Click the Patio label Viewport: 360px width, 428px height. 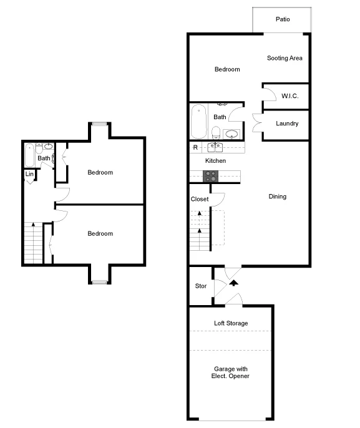(x=283, y=19)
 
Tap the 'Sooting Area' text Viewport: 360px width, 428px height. (x=285, y=58)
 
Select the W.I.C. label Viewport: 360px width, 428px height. (x=289, y=96)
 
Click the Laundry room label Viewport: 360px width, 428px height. (x=287, y=124)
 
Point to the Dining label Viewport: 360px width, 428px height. (x=278, y=197)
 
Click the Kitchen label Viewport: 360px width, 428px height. (x=215, y=161)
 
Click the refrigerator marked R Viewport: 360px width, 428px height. (x=195, y=148)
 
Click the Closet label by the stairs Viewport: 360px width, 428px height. (x=200, y=199)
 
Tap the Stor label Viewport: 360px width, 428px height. (x=201, y=286)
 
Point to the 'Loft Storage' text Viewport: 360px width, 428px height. (x=231, y=323)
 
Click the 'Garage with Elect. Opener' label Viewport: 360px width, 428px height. (x=231, y=372)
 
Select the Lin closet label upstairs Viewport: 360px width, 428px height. (x=29, y=174)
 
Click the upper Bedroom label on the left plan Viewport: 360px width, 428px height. (x=100, y=172)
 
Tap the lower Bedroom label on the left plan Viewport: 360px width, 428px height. (x=100, y=233)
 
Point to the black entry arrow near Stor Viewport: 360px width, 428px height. (x=234, y=283)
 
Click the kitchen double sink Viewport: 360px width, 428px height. (x=216, y=148)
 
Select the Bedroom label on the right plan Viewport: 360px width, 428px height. (x=227, y=69)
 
